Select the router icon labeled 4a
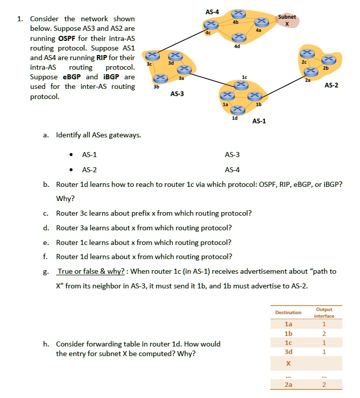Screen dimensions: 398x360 261,21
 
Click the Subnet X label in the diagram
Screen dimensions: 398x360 287,20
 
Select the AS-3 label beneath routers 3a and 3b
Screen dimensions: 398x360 177,93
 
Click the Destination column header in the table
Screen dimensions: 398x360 288,312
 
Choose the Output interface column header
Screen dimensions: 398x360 324,312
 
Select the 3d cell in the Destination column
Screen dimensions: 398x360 288,352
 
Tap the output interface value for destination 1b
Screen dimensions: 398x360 324,333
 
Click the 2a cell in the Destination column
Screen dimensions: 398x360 288,385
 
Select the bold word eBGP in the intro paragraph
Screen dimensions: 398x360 73,77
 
